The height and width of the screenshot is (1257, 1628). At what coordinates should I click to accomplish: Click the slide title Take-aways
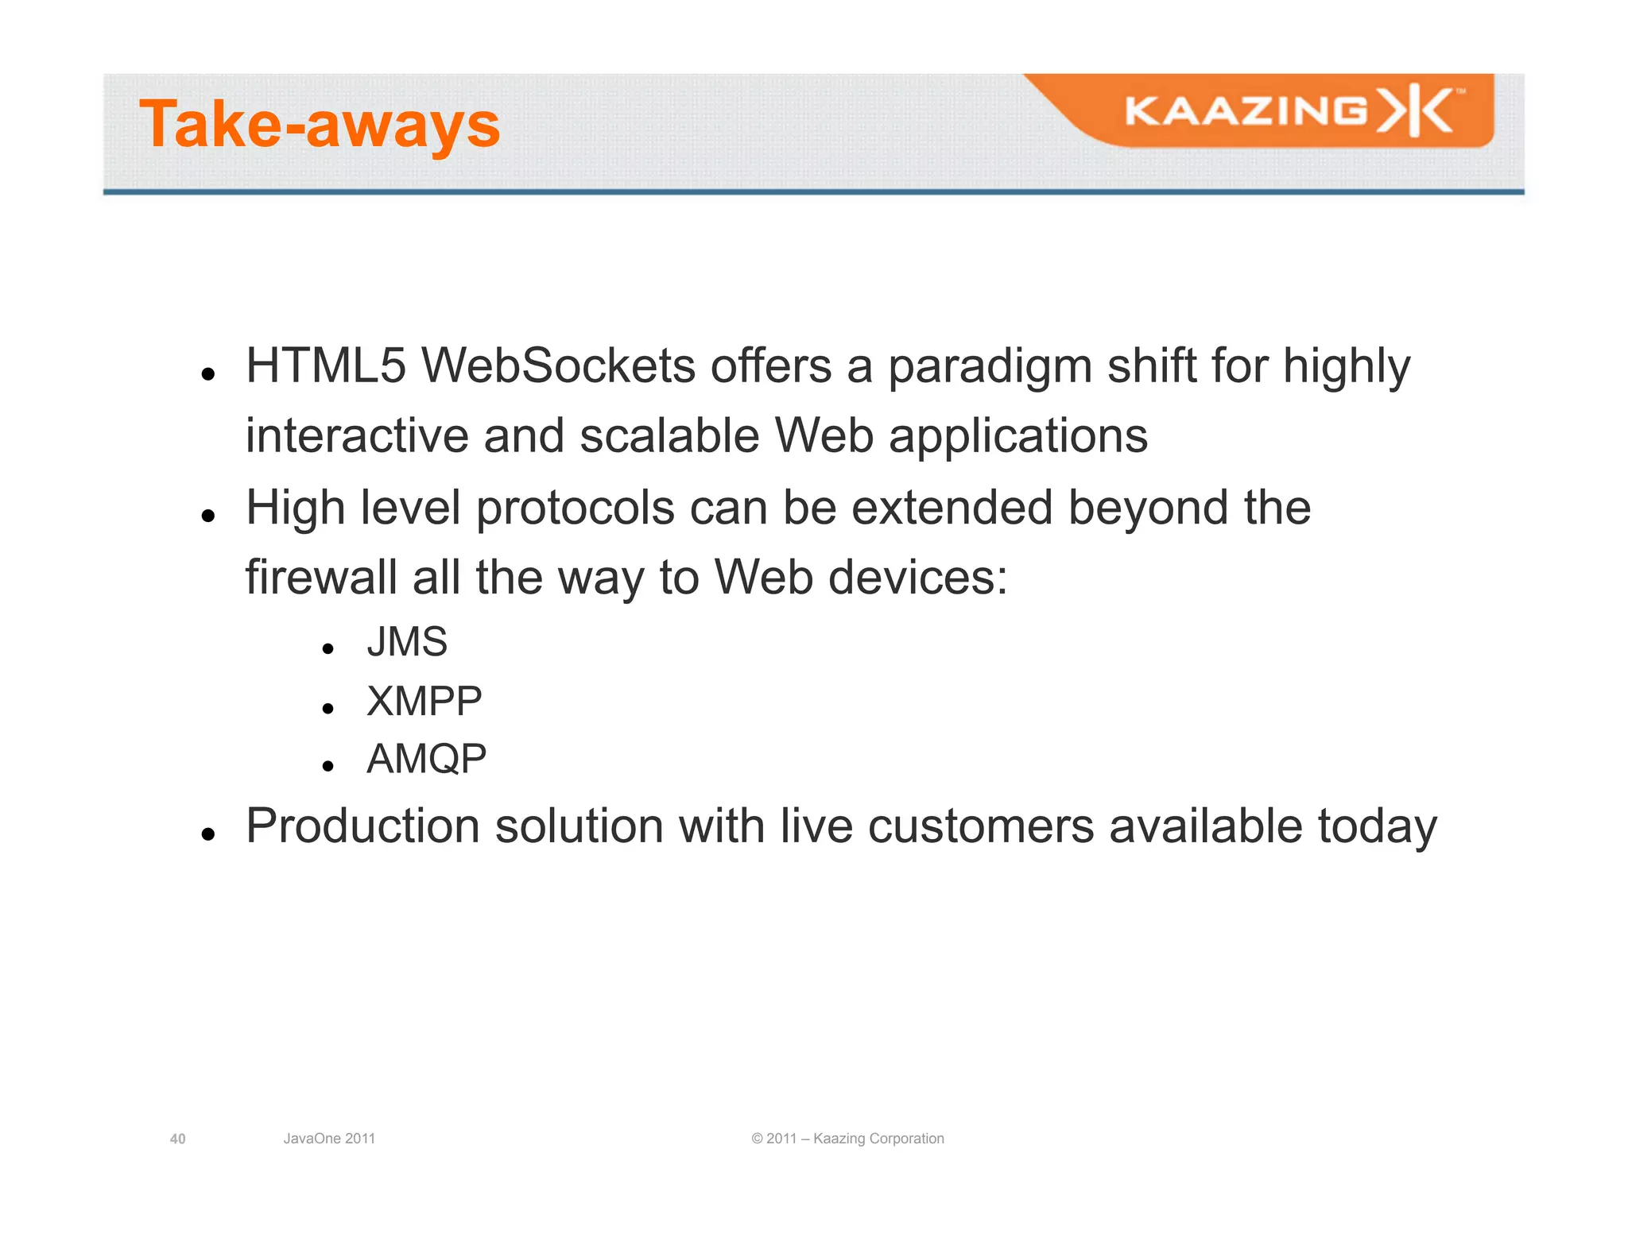[x=320, y=125]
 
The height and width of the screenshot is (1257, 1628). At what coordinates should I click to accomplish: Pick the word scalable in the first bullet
[x=669, y=436]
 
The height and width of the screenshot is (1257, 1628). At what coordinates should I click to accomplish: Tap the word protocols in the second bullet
[x=575, y=509]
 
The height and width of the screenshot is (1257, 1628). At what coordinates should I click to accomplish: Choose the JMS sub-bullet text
[x=407, y=642]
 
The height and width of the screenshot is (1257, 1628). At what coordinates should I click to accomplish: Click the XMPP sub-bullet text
[x=424, y=702]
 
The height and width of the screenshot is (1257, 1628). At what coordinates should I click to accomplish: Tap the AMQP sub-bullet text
[x=426, y=760]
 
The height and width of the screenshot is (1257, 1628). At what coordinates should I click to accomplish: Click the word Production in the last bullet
[x=362, y=826]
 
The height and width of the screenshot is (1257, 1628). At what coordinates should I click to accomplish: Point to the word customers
[x=981, y=826]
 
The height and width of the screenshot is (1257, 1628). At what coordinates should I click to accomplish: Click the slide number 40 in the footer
[x=178, y=1139]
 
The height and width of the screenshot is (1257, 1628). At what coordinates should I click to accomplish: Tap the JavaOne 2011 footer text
[x=329, y=1139]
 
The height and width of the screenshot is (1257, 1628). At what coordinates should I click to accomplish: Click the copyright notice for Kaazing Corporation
[x=847, y=1139]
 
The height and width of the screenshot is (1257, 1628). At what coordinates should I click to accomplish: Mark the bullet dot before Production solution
[x=208, y=833]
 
